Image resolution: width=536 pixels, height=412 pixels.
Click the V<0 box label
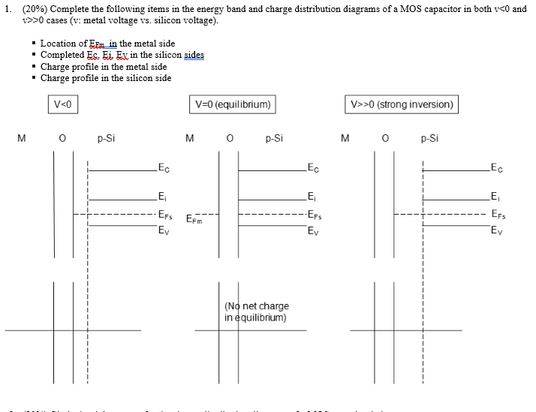click(64, 104)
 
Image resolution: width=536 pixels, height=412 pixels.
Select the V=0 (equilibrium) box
click(232, 104)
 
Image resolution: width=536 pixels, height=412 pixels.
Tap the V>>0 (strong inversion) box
click(402, 104)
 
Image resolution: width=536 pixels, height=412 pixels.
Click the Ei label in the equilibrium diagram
click(312, 198)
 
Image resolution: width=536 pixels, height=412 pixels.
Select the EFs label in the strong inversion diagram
click(497, 215)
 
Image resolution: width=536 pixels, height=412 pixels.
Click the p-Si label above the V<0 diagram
click(106, 138)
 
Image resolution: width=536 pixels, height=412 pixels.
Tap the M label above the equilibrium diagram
click(190, 138)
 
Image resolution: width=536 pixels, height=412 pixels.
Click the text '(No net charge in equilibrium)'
click(256, 311)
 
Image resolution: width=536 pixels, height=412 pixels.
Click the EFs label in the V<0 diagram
click(165, 215)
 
